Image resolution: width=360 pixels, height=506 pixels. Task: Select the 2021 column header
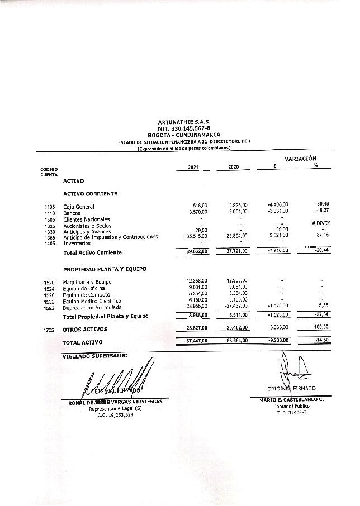click(x=193, y=168)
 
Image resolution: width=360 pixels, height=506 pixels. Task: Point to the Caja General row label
click(x=79, y=207)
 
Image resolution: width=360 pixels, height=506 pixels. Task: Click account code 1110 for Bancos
click(x=49, y=213)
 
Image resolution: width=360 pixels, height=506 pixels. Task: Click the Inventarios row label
click(x=77, y=243)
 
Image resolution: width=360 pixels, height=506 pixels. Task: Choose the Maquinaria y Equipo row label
click(x=87, y=283)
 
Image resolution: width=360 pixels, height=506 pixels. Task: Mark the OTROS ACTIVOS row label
click(x=86, y=329)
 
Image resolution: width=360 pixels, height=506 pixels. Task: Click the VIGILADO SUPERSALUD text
click(x=95, y=355)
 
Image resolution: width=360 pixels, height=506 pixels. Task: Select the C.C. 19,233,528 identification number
click(x=115, y=415)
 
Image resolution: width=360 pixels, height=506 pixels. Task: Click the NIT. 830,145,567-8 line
click(x=183, y=128)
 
